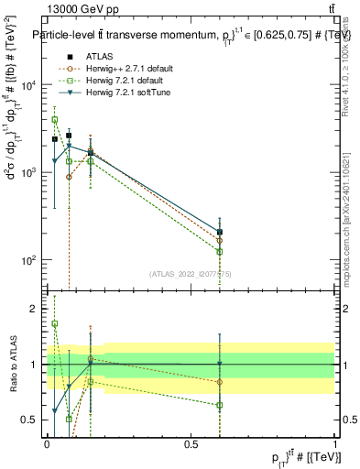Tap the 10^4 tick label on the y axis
coord(29,85)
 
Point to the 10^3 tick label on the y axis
coord(29,172)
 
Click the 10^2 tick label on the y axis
coord(29,260)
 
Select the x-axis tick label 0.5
coord(191,443)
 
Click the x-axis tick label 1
coord(334,443)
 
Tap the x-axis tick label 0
coord(47,443)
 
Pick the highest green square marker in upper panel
coord(55,120)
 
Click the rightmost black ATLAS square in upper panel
coord(220,233)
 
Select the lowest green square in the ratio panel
coord(69,419)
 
